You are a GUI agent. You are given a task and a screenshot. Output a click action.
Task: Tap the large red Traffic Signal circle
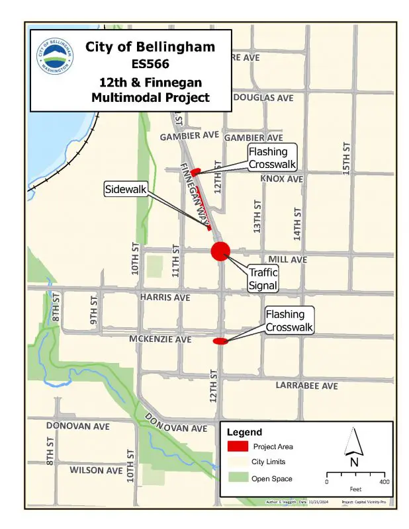(x=220, y=251)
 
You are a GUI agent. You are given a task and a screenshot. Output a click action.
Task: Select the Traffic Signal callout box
(x=263, y=279)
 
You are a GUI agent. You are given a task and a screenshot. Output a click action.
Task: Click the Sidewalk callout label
(x=125, y=190)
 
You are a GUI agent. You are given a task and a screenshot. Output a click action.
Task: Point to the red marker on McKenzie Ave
(x=220, y=341)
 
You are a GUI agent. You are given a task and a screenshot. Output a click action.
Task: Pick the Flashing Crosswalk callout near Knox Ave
(x=272, y=159)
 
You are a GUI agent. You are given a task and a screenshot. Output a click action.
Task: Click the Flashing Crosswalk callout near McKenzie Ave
(x=289, y=320)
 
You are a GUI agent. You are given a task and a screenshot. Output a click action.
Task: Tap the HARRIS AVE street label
(x=165, y=298)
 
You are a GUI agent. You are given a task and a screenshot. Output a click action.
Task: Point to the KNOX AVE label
(x=281, y=179)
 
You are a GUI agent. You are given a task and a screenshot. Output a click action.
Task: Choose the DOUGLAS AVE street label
(x=263, y=98)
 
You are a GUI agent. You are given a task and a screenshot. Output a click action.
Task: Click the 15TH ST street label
(x=346, y=158)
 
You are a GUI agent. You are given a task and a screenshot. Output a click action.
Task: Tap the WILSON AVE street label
(x=96, y=470)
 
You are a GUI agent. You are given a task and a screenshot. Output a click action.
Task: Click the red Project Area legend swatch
(x=238, y=446)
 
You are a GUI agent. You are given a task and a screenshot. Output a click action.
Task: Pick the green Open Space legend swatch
(x=238, y=478)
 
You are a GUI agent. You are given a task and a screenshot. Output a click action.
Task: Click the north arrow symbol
(x=354, y=443)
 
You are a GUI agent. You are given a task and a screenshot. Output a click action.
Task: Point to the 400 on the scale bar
(x=385, y=482)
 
